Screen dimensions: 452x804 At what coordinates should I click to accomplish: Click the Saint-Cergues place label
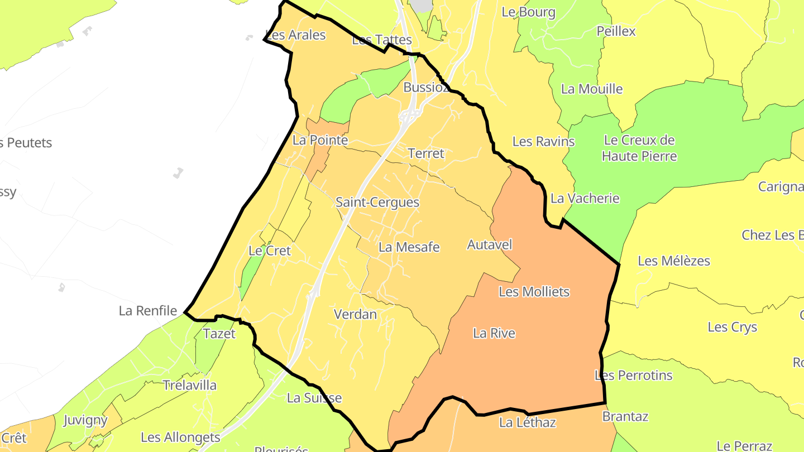tap(377, 202)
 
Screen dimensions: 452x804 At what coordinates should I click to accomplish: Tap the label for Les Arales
tap(295, 35)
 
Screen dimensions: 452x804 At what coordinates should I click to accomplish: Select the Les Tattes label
tap(382, 40)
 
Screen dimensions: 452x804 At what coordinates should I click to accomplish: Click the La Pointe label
tap(320, 140)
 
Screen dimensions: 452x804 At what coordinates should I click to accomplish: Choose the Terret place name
tap(426, 153)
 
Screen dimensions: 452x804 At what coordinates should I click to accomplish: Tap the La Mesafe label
tap(409, 247)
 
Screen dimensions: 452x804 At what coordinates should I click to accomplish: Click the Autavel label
tap(489, 244)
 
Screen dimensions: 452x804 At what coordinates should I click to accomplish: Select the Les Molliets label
tap(534, 291)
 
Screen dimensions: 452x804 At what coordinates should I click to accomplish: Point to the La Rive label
tap(494, 333)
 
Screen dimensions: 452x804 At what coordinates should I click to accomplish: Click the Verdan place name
tap(355, 314)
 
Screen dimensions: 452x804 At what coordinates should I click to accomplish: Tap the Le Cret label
tap(270, 251)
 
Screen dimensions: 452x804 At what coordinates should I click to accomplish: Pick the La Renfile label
tap(147, 311)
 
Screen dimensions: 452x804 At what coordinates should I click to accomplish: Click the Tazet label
tap(219, 334)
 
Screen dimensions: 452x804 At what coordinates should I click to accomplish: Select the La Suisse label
tap(314, 398)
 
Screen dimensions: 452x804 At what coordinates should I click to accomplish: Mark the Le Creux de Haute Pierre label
tap(639, 148)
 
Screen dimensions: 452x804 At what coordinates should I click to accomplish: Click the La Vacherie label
tap(585, 198)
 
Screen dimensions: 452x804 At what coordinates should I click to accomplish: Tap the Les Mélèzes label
tap(673, 261)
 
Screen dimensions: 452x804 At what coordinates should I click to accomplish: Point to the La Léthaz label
tap(527, 422)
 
